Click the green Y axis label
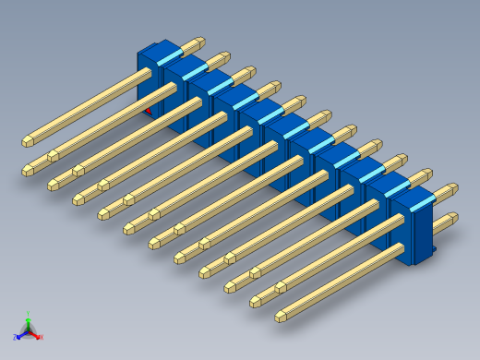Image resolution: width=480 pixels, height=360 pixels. tap(29, 315)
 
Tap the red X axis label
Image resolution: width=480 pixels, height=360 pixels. tap(42, 336)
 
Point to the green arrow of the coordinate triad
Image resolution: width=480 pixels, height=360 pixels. tap(29, 322)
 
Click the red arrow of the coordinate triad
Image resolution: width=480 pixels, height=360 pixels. tap(35, 333)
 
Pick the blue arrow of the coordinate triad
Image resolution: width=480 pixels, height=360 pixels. tap(22, 333)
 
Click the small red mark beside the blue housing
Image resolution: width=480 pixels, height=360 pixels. tap(149, 111)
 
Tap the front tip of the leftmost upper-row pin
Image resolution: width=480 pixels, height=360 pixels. tap(28, 141)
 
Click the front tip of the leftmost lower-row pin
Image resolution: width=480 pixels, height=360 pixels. tap(28, 169)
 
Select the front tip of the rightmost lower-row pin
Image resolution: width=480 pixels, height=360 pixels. tap(281, 317)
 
